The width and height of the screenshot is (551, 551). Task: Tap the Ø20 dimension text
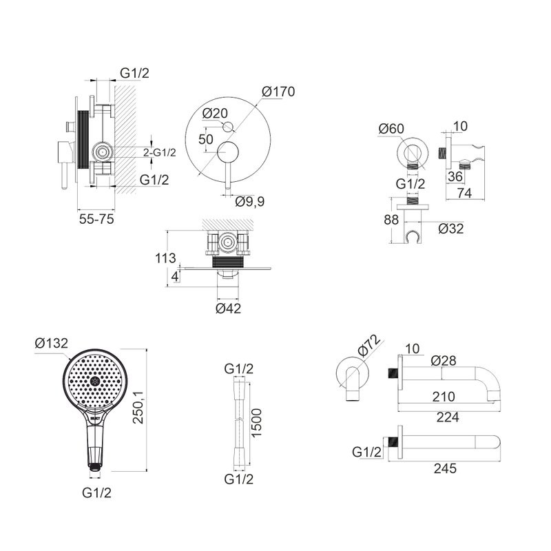coord(216,114)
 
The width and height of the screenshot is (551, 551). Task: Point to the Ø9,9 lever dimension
coord(250,202)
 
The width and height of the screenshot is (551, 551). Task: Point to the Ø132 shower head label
coord(51,343)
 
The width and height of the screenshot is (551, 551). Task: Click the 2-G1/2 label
coord(159,153)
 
